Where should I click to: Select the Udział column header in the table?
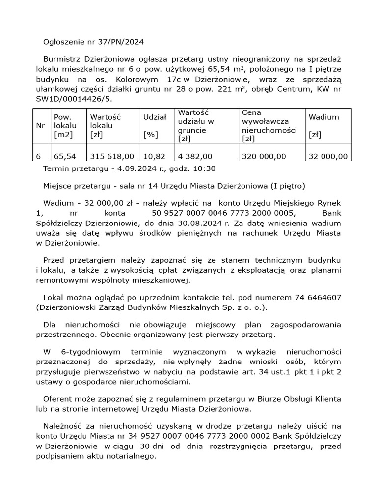pyautogui.click(x=155, y=117)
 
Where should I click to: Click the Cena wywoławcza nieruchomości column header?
pyautogui.click(x=269, y=126)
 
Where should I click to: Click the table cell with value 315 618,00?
pyautogui.click(x=112, y=156)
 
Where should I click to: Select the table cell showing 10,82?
pyautogui.click(x=154, y=156)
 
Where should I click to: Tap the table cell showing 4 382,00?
pyautogui.click(x=195, y=156)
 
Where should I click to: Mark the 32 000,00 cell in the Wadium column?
pyautogui.click(x=328, y=156)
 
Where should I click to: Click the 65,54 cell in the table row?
pyautogui.click(x=65, y=156)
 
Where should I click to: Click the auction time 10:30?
pyautogui.click(x=204, y=168)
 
